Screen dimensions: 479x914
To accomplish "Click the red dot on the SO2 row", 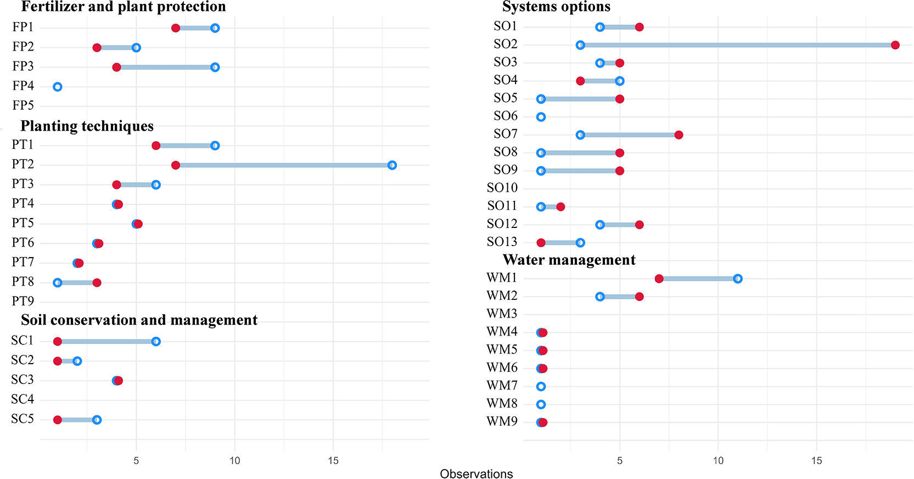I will pyautogui.click(x=895, y=45).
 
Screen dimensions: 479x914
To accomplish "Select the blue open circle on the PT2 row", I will pyautogui.click(x=392, y=165).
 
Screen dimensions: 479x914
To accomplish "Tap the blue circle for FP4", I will pyautogui.click(x=58, y=87).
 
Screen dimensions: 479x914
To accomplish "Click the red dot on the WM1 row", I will pyautogui.click(x=659, y=279).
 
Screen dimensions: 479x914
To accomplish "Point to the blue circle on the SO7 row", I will pyautogui.click(x=580, y=135).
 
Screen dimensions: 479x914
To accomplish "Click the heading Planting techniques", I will pyautogui.click(x=87, y=126).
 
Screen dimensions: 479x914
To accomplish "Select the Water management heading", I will pyautogui.click(x=569, y=260).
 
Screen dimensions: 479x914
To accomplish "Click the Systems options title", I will pyautogui.click(x=556, y=7).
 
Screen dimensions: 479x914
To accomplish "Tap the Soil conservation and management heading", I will pyautogui.click(x=139, y=320).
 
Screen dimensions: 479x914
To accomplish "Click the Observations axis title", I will pyautogui.click(x=476, y=474).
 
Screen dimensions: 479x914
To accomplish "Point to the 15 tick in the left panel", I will pyautogui.click(x=333, y=460).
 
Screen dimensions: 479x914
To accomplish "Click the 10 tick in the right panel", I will pyautogui.click(x=718, y=460).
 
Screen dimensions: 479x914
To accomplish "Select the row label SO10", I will pyautogui.click(x=502, y=188).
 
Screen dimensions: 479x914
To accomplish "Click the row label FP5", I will pyautogui.click(x=23, y=105).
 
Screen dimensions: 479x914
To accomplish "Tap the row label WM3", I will pyautogui.click(x=502, y=314).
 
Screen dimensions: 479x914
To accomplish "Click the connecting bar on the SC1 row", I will pyautogui.click(x=107, y=342).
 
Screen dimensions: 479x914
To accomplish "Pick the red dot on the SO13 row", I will pyautogui.click(x=541, y=243).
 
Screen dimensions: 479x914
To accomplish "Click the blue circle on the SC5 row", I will pyautogui.click(x=97, y=420).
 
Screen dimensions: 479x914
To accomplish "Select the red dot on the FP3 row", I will pyautogui.click(x=116, y=68).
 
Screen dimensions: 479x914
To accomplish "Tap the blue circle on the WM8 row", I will pyautogui.click(x=541, y=404).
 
